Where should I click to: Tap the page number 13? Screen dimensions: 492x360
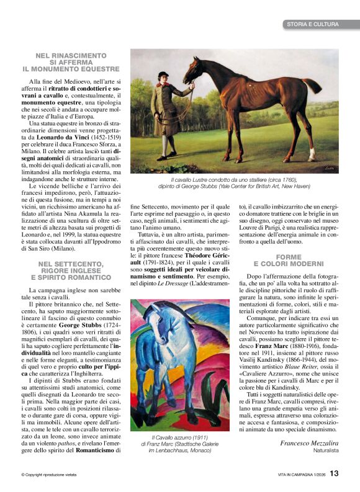[x=334, y=473]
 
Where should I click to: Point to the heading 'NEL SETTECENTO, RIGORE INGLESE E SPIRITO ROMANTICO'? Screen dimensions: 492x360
[x=71, y=270]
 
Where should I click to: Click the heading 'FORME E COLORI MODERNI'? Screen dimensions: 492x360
[x=289, y=261]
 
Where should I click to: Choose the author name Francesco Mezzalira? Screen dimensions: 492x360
[x=309, y=443]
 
